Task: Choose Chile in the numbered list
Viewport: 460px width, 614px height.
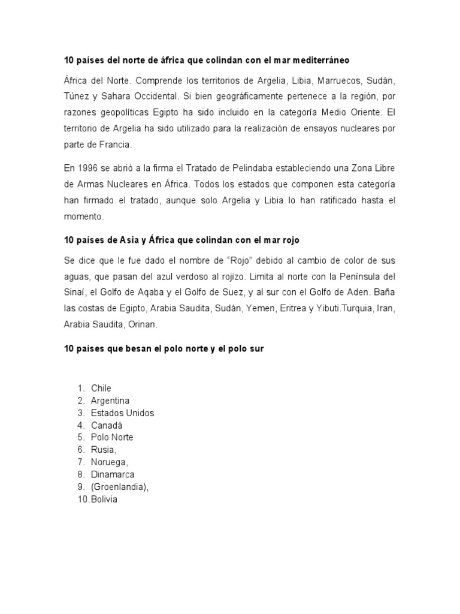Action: pos(101,388)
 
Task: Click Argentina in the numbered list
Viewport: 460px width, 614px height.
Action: pos(110,401)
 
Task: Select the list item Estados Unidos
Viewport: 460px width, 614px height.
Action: pos(122,413)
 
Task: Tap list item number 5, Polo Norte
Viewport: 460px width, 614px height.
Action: pos(112,437)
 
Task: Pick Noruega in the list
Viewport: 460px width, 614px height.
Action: pos(110,462)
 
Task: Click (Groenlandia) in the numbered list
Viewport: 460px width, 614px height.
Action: pos(119,487)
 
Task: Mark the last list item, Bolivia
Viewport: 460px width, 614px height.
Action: pos(104,499)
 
